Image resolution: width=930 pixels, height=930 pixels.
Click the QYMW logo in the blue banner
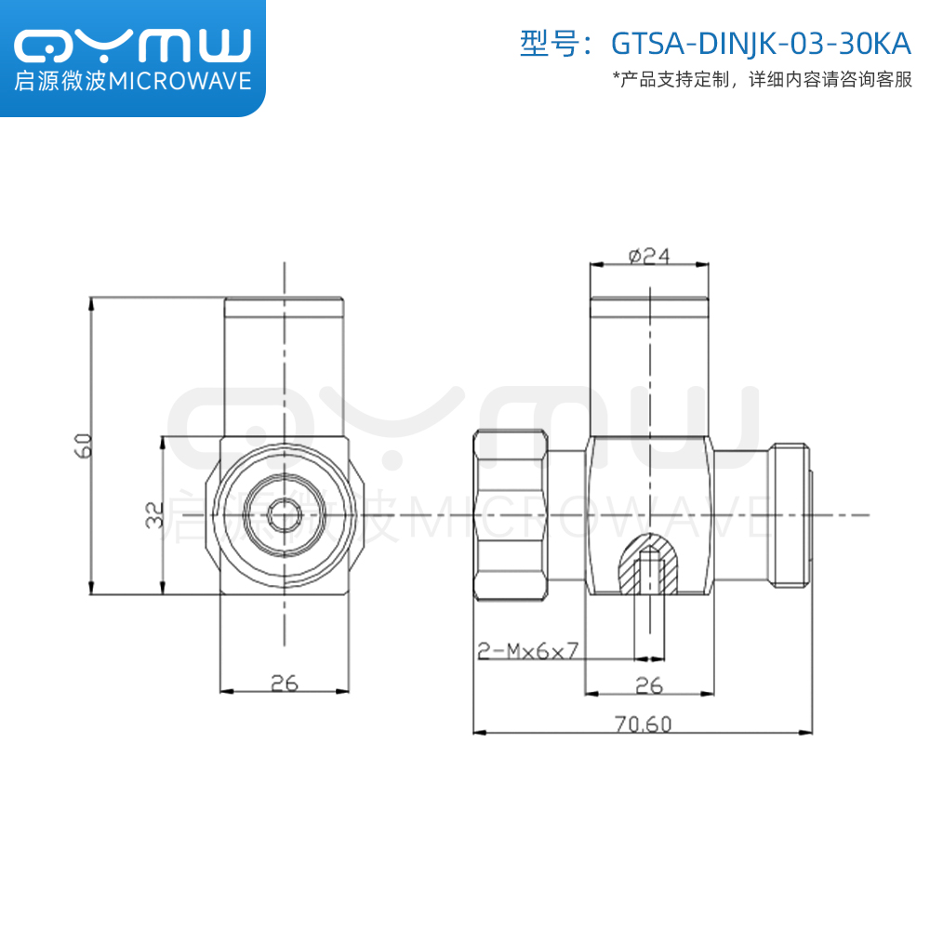(x=132, y=45)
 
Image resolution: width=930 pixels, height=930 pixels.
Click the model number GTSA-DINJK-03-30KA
(x=761, y=44)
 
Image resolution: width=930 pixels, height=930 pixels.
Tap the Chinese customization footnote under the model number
(x=763, y=79)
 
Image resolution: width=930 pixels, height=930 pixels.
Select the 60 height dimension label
(x=84, y=445)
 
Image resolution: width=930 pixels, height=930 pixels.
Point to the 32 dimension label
(x=154, y=515)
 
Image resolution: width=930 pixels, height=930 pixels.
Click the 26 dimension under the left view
(x=284, y=684)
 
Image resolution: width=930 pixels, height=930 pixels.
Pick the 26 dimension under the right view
(x=649, y=685)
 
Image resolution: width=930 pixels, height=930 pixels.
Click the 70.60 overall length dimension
(x=643, y=724)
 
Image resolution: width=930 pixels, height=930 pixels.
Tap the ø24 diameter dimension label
(x=649, y=256)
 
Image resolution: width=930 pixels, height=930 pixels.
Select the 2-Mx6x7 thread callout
(x=527, y=651)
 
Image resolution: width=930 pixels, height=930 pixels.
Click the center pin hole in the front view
(x=284, y=515)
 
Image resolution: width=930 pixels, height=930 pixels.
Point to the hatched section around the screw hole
(x=649, y=563)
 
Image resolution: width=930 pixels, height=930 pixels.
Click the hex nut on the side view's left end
(x=511, y=515)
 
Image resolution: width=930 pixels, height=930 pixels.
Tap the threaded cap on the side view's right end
(x=789, y=515)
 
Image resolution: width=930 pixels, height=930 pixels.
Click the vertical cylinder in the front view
(x=284, y=366)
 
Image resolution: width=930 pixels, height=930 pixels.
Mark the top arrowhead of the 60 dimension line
(x=91, y=303)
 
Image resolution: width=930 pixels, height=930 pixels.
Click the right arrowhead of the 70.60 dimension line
(x=805, y=733)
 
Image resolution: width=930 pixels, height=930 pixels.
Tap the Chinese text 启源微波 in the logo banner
(x=60, y=82)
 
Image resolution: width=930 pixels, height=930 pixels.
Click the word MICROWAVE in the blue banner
(x=180, y=82)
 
